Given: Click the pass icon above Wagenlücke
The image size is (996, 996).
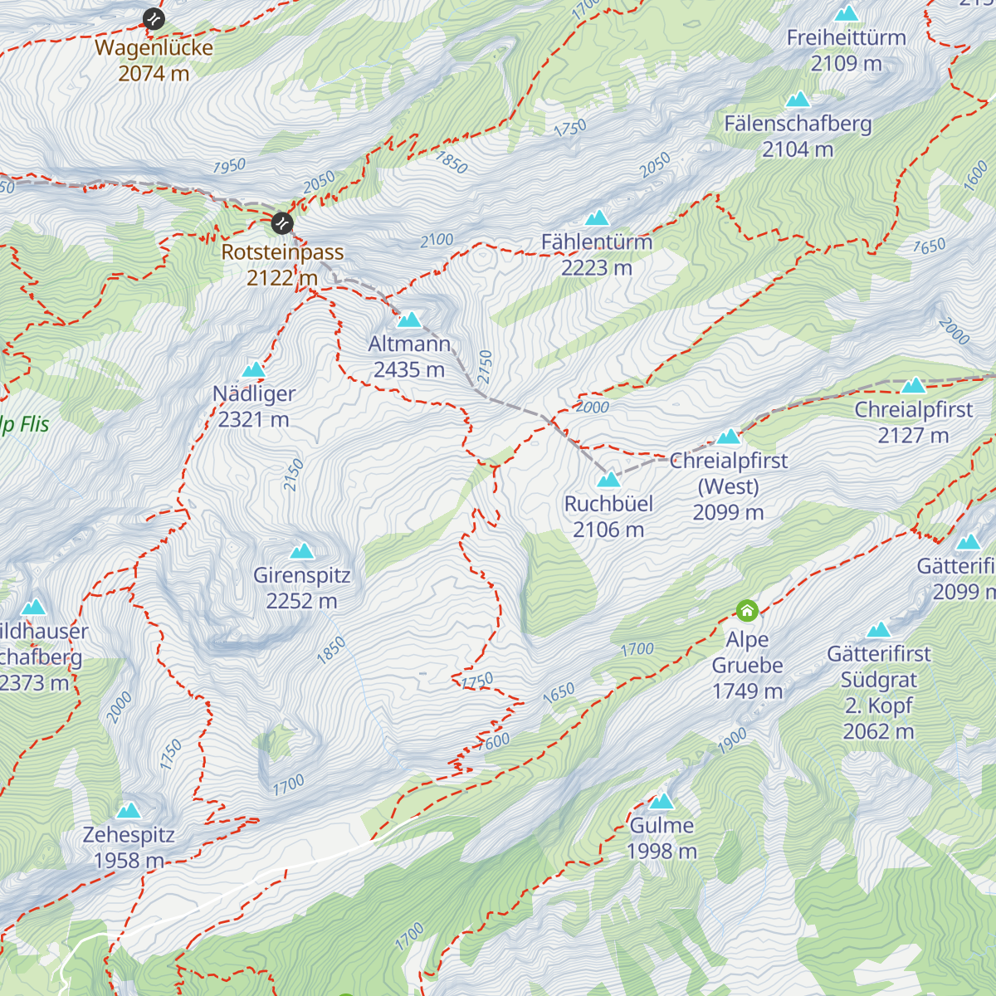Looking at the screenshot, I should tap(154, 18).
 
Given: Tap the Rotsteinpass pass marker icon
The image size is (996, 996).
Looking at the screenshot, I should tap(282, 222).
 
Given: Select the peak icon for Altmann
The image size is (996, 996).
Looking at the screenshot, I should tap(409, 320).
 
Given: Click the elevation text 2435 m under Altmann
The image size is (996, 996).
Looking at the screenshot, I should tap(409, 370).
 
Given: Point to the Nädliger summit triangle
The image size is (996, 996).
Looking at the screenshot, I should tap(253, 369).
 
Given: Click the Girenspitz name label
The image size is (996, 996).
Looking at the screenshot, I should tap(302, 575).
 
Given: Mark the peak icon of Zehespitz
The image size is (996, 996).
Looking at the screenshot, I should tap(129, 810).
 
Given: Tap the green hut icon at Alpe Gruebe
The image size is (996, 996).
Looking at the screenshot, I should tap(747, 612).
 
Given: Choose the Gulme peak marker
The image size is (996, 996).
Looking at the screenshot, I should tap(662, 801).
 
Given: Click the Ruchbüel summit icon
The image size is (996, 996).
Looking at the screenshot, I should tap(608, 479).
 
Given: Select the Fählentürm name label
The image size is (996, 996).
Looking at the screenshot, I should tap(597, 242).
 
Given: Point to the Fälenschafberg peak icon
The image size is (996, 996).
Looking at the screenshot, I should tap(798, 100).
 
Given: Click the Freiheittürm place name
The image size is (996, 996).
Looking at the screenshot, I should tap(846, 38).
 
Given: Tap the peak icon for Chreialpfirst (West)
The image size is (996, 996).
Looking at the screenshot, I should tap(729, 437).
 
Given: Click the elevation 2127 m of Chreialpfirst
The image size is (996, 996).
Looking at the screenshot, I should tap(913, 436).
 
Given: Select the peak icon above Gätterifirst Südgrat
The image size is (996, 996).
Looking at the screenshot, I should tap(878, 630).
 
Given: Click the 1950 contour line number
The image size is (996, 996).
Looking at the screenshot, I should tap(229, 166).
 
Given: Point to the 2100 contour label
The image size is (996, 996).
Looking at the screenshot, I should tap(437, 241).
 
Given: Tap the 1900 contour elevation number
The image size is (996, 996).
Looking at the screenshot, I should tap(732, 741).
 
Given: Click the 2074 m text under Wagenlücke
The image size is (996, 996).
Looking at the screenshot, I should tap(154, 74).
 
